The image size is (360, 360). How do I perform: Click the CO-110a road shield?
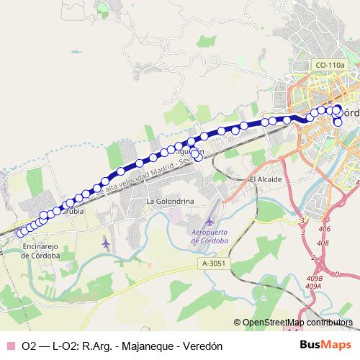click(x=330, y=66)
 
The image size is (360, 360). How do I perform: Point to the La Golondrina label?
click(x=171, y=201)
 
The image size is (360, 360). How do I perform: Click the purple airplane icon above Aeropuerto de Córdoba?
click(x=209, y=220)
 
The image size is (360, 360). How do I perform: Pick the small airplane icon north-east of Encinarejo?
click(x=107, y=243)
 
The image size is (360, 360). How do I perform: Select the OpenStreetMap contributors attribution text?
click(x=298, y=323)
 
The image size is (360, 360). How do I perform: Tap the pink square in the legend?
click(x=10, y=346)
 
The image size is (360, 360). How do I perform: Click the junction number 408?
click(x=322, y=243)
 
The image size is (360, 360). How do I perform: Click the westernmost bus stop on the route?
click(x=21, y=232)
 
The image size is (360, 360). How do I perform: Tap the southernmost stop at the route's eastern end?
click(x=338, y=122)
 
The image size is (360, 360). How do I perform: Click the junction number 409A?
click(x=312, y=286)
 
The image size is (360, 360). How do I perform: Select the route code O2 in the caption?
click(x=29, y=346)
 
